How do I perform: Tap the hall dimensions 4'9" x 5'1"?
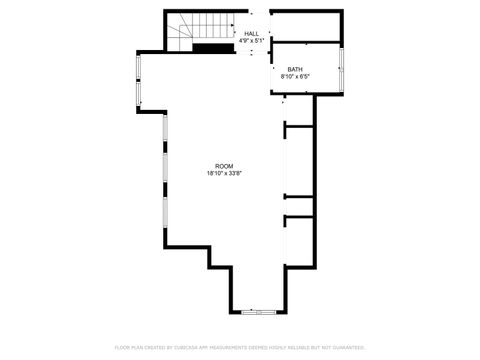point(251,41)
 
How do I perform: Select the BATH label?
point(295,69)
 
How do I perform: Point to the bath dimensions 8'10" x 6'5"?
point(295,76)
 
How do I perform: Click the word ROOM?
point(224,166)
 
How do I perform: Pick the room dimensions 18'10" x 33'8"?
point(224,173)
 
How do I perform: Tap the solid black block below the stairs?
point(212,47)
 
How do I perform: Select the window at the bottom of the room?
point(258,311)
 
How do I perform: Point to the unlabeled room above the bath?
point(306,26)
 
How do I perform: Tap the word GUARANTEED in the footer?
point(346,347)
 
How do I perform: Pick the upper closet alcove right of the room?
point(300,160)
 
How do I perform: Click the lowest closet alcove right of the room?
point(300,240)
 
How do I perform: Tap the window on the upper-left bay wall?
point(139,80)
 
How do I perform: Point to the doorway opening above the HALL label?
point(252,13)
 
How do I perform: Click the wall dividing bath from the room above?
point(306,43)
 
